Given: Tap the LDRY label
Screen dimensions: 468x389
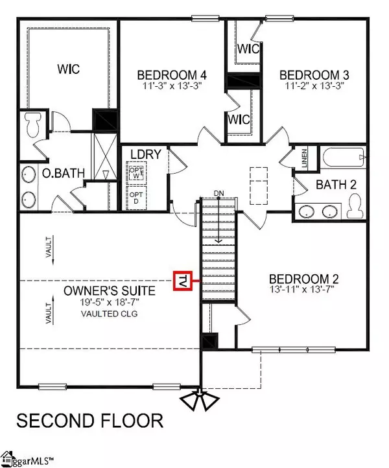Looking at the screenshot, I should pyautogui.click(x=141, y=156).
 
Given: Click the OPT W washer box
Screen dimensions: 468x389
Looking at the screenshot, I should pyautogui.click(x=136, y=174).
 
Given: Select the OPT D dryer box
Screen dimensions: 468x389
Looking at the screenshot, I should pyautogui.click(x=136, y=197).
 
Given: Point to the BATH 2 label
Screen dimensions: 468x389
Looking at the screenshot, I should pyautogui.click(x=336, y=185).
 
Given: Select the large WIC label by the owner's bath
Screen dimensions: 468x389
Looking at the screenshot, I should pyautogui.click(x=68, y=69).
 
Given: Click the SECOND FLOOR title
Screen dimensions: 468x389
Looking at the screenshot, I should pyautogui.click(x=89, y=421).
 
